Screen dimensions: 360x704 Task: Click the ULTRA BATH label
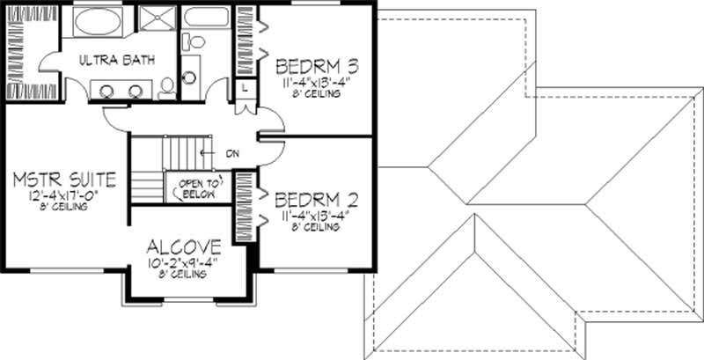pos(116,60)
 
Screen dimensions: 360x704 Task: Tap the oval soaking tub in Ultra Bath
pos(99,21)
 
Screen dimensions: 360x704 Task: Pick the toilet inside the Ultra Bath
pos(167,85)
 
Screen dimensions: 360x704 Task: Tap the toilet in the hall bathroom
pos(196,41)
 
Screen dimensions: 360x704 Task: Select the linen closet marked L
pos(244,88)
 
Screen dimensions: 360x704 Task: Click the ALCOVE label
pos(185,245)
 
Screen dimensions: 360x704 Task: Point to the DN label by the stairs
pos(232,154)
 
